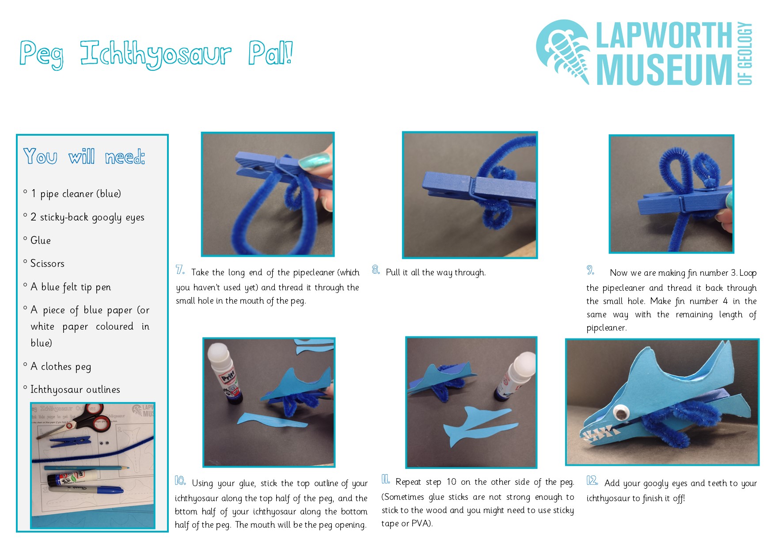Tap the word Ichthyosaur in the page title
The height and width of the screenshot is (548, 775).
click(156, 54)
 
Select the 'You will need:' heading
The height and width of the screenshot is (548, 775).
click(84, 156)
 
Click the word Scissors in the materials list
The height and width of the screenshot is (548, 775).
click(47, 263)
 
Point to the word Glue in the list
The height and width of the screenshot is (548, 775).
click(41, 240)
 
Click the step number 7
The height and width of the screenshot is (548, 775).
click(180, 270)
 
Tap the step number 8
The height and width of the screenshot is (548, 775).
click(376, 270)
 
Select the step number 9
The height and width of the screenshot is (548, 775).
click(591, 270)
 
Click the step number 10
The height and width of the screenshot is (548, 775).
click(180, 480)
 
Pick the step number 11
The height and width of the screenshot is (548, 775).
click(386, 479)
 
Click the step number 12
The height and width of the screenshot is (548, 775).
click(593, 480)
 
